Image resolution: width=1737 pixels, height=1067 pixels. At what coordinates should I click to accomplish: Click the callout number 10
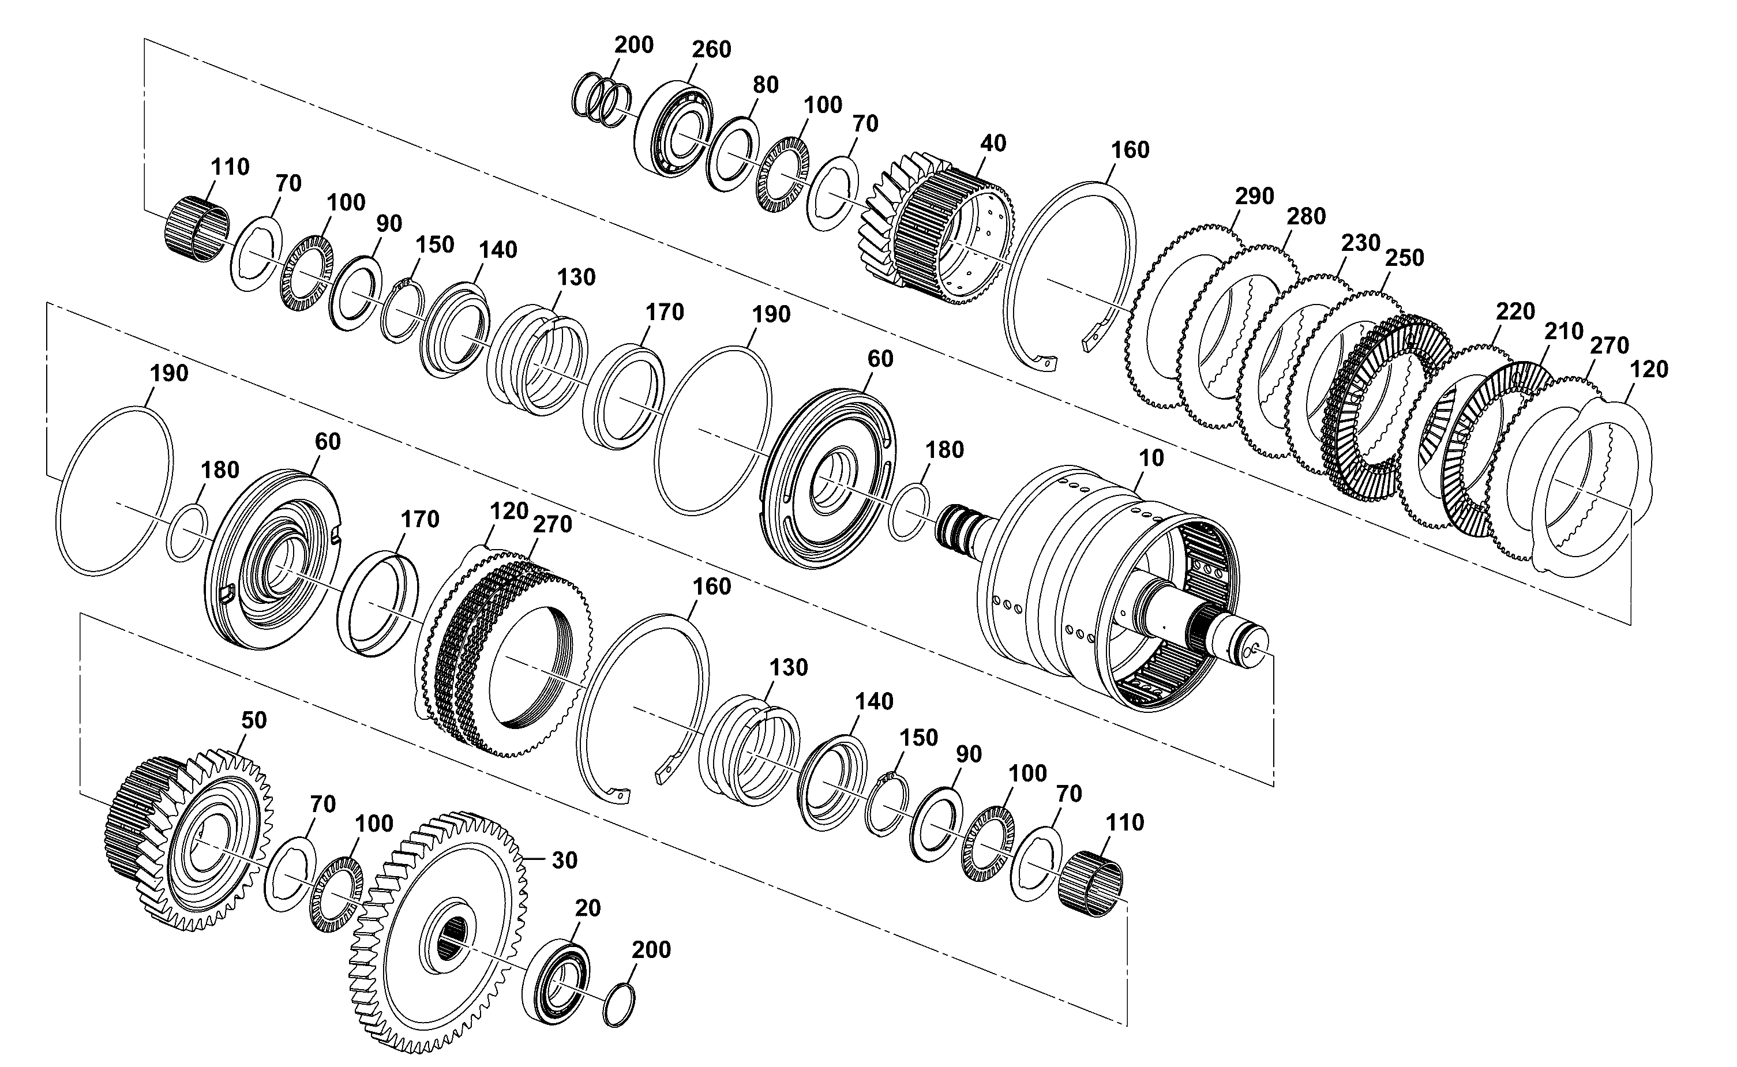(x=1151, y=458)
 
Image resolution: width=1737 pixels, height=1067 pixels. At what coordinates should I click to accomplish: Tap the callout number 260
(x=711, y=50)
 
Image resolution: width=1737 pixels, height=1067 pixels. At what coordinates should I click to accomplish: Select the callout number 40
(x=993, y=143)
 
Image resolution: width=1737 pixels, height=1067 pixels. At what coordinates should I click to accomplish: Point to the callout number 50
(x=254, y=720)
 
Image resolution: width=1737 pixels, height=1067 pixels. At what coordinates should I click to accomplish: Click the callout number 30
(x=565, y=861)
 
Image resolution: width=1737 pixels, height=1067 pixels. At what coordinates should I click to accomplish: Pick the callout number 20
(x=587, y=908)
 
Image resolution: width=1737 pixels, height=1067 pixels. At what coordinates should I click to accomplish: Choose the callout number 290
(x=1254, y=196)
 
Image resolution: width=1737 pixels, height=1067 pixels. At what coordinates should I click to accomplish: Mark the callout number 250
(x=1405, y=258)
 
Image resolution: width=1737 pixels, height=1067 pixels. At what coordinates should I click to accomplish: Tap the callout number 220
(x=1515, y=311)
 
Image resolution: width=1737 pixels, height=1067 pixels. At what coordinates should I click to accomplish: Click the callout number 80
(x=765, y=85)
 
